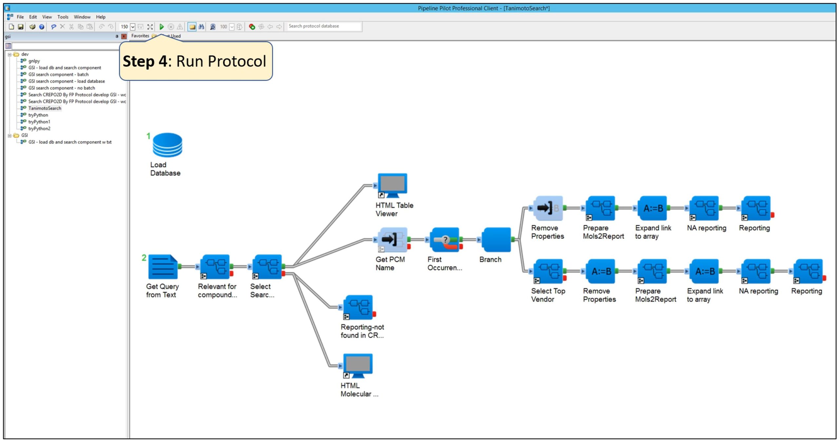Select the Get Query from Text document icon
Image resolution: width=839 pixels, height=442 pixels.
pyautogui.click(x=163, y=266)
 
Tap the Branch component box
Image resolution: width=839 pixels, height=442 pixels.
pyautogui.click(x=496, y=240)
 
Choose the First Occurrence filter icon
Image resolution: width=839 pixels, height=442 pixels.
pyautogui.click(x=444, y=240)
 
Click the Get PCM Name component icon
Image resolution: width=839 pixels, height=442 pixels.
pyautogui.click(x=392, y=240)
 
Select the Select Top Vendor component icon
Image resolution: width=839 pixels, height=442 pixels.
pyautogui.click(x=548, y=271)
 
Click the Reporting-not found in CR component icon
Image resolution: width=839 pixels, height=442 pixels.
pyautogui.click(x=358, y=307)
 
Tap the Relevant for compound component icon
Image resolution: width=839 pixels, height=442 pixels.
pyautogui.click(x=215, y=266)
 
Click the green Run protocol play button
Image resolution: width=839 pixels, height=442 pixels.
pyautogui.click(x=162, y=27)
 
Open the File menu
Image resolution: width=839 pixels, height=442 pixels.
pyautogui.click(x=20, y=17)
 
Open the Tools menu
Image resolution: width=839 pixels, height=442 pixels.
pyautogui.click(x=63, y=17)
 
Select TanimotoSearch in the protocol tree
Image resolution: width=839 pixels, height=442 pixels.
pyautogui.click(x=45, y=108)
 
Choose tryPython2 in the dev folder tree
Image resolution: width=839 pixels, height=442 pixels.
pyautogui.click(x=39, y=128)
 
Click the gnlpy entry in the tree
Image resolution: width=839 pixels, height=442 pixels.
pyautogui.click(x=34, y=61)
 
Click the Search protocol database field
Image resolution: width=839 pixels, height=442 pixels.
pyautogui.click(x=323, y=26)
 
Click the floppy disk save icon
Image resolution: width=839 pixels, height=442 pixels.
pyautogui.click(x=21, y=27)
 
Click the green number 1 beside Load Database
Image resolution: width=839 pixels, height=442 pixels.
pyautogui.click(x=148, y=136)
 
